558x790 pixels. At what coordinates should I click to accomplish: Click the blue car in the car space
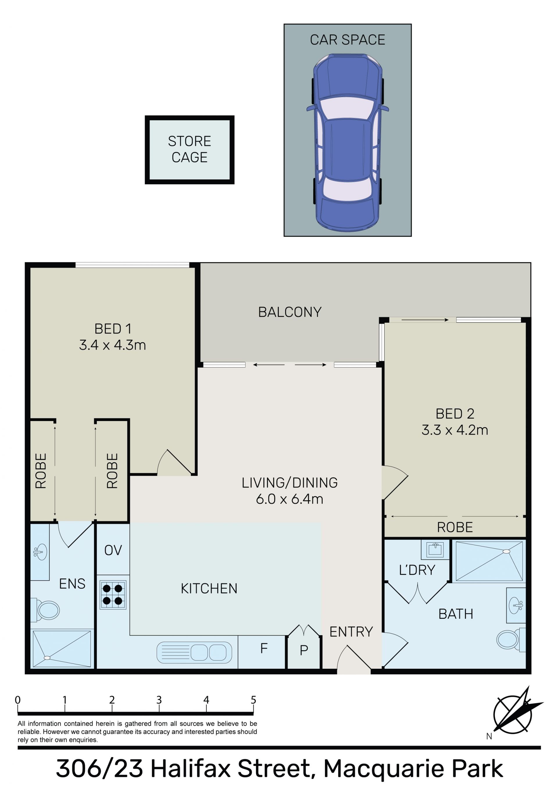point(348,142)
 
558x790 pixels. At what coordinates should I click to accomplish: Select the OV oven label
point(113,550)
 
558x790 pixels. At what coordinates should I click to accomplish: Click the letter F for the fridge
point(264,648)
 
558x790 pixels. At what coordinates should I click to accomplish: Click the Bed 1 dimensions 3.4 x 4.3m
point(112,345)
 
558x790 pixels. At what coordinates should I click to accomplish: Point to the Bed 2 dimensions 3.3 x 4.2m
point(455,430)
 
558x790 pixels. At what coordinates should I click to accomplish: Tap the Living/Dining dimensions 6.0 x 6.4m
point(290,499)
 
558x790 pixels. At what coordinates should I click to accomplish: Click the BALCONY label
point(290,312)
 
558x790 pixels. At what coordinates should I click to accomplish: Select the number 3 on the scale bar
point(159,700)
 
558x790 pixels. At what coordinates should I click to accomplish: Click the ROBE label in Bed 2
point(455,527)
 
